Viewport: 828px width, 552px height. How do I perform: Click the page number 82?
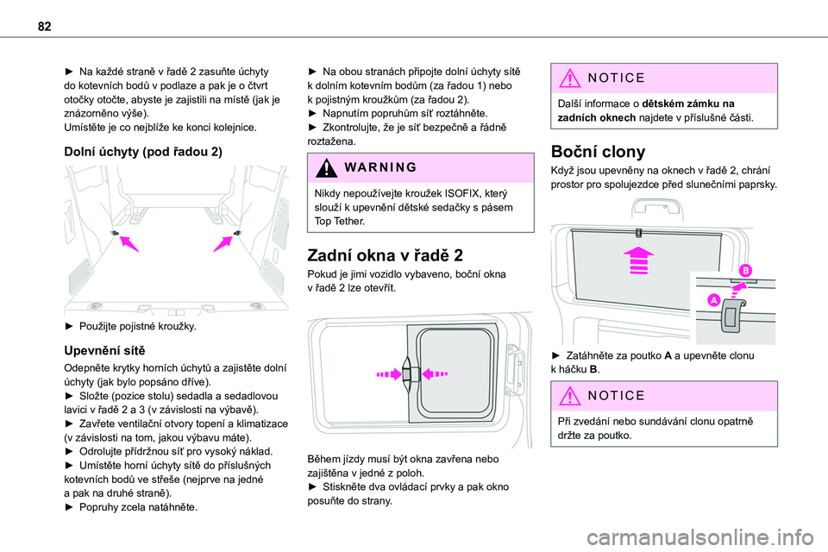coord(44,27)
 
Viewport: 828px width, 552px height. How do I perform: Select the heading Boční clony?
coord(598,152)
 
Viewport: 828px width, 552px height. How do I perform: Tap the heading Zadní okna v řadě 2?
coord(385,255)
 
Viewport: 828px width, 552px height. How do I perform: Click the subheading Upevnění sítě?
coord(104,351)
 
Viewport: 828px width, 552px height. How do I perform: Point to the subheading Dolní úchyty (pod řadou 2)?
coord(143,152)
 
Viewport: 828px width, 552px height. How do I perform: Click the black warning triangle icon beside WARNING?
coord(327,167)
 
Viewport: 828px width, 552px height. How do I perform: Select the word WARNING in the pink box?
coord(380,167)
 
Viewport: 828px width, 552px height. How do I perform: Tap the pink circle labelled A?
coord(714,300)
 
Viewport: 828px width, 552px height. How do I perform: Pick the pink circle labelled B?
coord(745,271)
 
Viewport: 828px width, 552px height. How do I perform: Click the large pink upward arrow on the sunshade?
coord(638,260)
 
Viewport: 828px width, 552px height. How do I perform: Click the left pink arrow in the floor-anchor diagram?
coord(129,243)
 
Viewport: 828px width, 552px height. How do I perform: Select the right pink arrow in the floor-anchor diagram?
coord(223,243)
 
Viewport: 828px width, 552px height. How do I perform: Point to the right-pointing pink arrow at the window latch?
coord(390,374)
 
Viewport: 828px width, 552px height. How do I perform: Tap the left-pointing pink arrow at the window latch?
coord(435,374)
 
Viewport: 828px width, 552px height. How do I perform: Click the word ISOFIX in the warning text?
coord(462,193)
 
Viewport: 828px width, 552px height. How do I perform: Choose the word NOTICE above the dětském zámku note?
coord(616,78)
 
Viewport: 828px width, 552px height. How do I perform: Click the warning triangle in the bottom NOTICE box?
coord(570,396)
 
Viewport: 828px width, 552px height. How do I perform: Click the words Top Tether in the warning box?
coord(340,222)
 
